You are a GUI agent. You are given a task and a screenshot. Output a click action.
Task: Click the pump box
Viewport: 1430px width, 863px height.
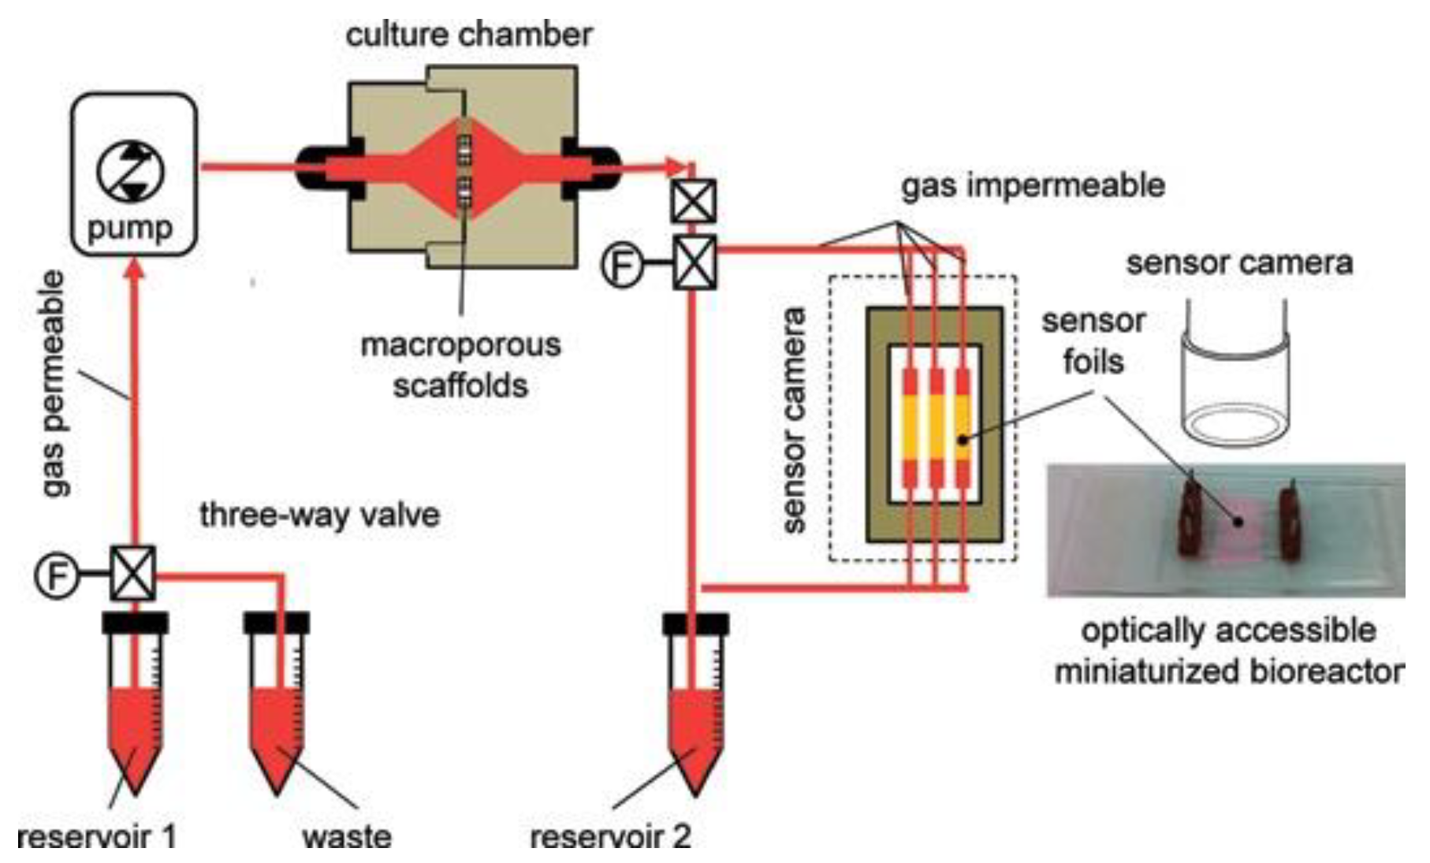[133, 174]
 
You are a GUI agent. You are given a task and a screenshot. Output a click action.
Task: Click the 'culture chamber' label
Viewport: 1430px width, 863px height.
[469, 35]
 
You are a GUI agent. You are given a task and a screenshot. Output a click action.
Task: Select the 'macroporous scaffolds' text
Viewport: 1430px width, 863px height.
[460, 365]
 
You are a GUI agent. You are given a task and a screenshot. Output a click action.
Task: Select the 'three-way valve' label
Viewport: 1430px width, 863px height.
[319, 515]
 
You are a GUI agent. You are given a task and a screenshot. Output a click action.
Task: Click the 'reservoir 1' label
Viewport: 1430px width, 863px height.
[96, 835]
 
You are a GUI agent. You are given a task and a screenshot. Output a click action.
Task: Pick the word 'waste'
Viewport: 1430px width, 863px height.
[347, 835]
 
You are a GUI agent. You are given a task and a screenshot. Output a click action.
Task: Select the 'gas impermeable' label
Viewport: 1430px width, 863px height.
[1033, 186]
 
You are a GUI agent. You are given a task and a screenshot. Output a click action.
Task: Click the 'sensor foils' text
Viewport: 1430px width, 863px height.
[1093, 341]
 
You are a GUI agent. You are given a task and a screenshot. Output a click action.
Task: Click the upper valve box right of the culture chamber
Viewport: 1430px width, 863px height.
[693, 201]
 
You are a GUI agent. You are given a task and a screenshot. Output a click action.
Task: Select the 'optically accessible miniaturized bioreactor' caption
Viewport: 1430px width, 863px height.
[1228, 651]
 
